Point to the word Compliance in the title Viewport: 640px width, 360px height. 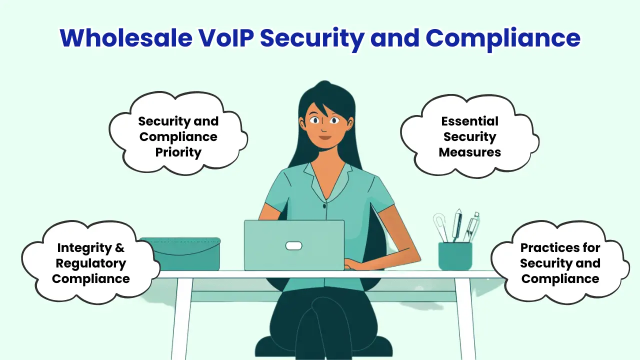coord(502,37)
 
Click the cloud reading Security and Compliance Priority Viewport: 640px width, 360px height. coord(178,136)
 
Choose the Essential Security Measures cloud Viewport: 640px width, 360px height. coord(469,136)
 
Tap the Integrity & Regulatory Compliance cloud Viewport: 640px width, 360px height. coord(90,263)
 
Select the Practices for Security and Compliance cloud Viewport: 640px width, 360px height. coord(560,263)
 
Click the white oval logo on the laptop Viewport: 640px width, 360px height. coord(293,245)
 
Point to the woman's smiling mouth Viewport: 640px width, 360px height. coord(325,137)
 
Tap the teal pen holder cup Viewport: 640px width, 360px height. coord(455,256)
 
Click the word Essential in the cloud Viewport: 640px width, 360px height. coord(469,121)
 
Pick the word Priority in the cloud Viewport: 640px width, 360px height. coord(178,152)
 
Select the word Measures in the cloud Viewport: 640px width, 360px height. coord(469,152)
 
